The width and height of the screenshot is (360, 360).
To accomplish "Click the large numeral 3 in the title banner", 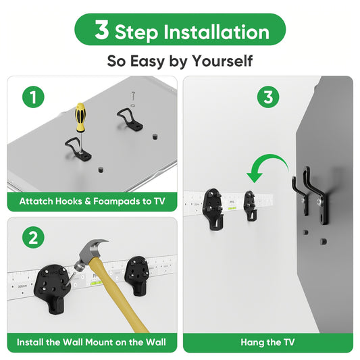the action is (x=102, y=30).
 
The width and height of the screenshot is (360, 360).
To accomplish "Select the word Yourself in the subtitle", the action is (x=222, y=61).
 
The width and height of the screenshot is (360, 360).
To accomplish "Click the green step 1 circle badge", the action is (x=33, y=97).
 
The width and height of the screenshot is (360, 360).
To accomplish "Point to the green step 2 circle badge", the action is (x=33, y=237).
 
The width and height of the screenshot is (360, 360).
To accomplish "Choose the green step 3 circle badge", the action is (x=268, y=97).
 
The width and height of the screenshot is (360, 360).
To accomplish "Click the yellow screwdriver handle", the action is (x=80, y=117).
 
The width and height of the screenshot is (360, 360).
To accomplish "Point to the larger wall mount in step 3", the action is (x=213, y=209).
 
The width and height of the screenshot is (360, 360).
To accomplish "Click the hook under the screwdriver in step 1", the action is (x=78, y=149).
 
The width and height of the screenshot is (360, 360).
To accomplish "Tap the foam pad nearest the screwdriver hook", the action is (x=101, y=170).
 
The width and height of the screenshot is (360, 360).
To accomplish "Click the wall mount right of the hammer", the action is (x=138, y=276).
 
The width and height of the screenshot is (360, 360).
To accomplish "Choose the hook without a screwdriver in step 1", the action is (x=130, y=119).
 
